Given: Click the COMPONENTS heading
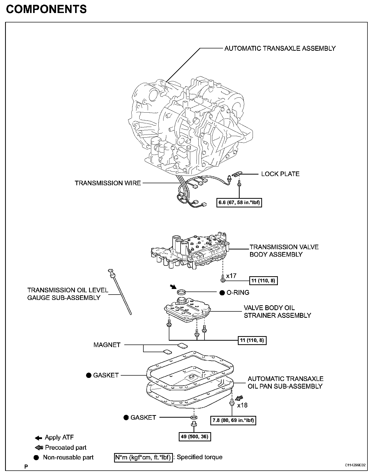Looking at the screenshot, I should pos(46,9).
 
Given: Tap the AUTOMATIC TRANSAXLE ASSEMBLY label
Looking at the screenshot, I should pos(280,48).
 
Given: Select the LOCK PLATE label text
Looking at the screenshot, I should pos(280,174).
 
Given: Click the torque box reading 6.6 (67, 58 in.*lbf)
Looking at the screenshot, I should pos(239,203).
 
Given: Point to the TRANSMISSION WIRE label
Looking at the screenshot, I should pos(108,183).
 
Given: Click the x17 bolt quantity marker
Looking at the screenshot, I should pos(231,275).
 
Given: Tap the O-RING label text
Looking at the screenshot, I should pos(238,293).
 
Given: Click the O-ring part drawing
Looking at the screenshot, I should pos(181,291).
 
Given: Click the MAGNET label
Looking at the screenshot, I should pos(107,345).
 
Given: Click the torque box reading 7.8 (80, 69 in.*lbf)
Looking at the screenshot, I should pos(233,420).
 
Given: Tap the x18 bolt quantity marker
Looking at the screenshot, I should pos(242,405).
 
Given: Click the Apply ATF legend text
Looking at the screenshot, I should pos(59,437).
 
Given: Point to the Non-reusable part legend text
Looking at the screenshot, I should pos(68,457).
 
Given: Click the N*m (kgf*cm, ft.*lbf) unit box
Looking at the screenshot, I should pos(143,457).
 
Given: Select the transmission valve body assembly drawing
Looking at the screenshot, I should pos(190,251).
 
